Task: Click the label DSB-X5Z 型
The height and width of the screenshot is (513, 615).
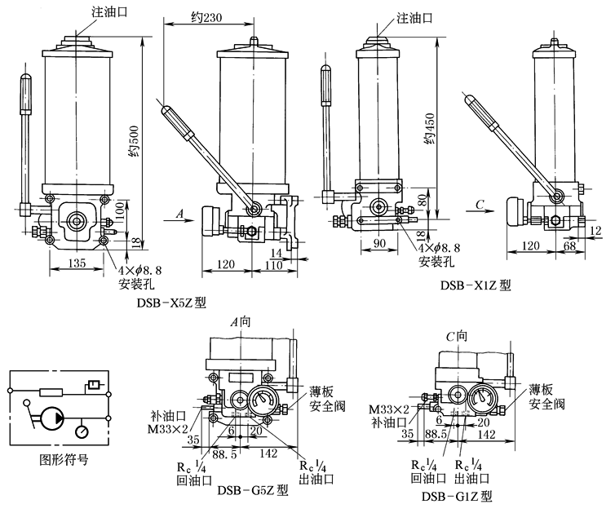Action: pos(172,302)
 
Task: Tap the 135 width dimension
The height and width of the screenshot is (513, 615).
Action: pos(77,264)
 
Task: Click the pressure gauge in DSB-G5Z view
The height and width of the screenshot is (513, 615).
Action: pos(268,400)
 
